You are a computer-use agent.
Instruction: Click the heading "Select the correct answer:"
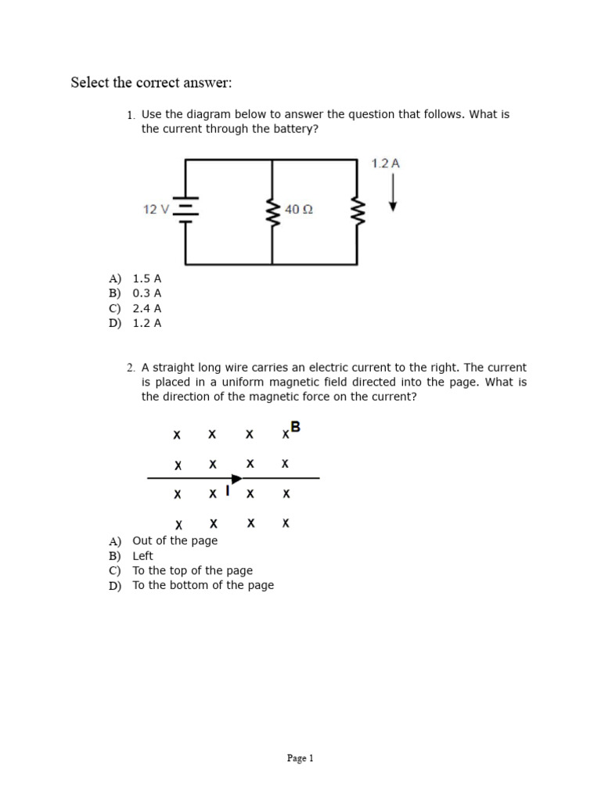[x=151, y=83]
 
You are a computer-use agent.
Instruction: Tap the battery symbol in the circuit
[x=185, y=210]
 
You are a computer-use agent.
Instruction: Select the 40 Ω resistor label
[x=299, y=210]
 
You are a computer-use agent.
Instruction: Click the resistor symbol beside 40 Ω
[x=272, y=210]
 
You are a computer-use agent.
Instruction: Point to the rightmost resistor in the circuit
[x=358, y=210]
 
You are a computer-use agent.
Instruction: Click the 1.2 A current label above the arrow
[x=386, y=163]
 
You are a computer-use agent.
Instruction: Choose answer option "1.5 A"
[x=147, y=278]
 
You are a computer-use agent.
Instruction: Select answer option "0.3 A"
[x=147, y=293]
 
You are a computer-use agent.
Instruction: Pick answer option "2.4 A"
[x=147, y=308]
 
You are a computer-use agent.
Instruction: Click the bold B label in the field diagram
[x=295, y=427]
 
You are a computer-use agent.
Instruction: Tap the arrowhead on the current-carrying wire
[x=236, y=478]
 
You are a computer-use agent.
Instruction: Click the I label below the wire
[x=227, y=491]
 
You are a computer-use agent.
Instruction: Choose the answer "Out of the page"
[x=175, y=541]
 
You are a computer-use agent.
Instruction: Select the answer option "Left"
[x=143, y=555]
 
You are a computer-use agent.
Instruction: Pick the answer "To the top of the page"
[x=193, y=570]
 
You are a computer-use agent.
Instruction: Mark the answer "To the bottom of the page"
[x=203, y=585]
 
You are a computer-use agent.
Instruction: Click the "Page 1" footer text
[x=300, y=758]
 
